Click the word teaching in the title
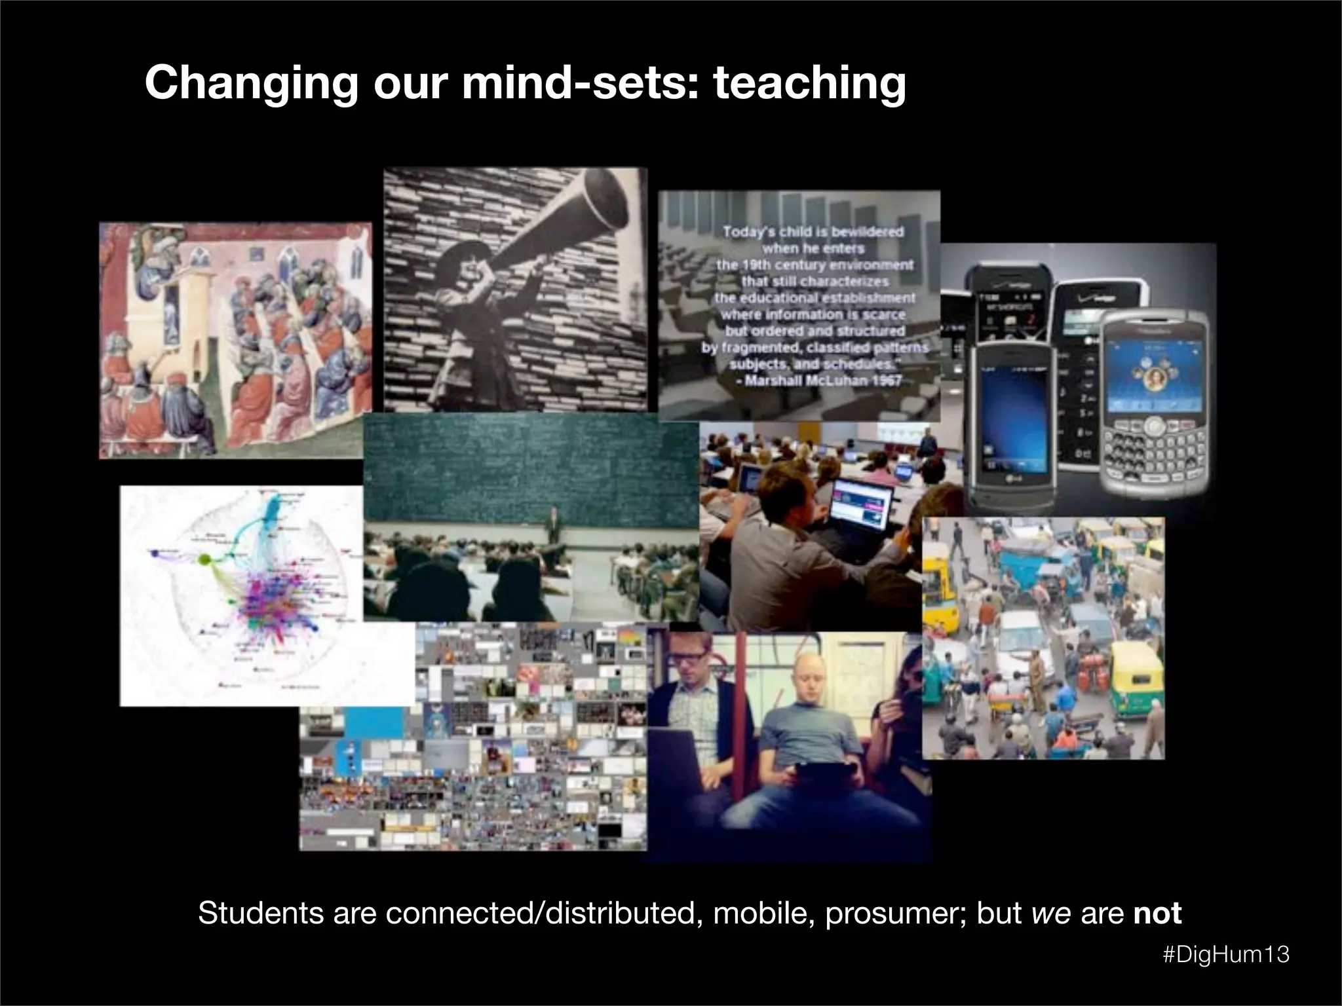tap(809, 83)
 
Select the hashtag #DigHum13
tap(1226, 954)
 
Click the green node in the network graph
tap(204, 559)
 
